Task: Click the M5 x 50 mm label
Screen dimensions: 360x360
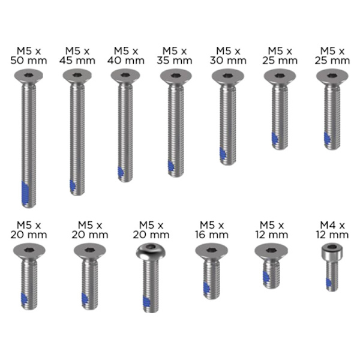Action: coord(29,56)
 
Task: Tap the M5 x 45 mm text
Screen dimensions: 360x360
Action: coord(77,56)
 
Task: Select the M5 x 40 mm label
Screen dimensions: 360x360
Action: coord(126,56)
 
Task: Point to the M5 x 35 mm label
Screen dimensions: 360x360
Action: coord(175,56)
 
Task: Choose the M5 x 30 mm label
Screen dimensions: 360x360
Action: coord(228,56)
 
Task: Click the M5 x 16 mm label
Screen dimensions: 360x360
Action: coord(212,230)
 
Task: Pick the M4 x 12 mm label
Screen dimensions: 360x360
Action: coord(332,230)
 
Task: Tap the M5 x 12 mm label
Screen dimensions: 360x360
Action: coord(272,230)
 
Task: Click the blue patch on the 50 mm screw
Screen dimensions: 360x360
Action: coord(25,194)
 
